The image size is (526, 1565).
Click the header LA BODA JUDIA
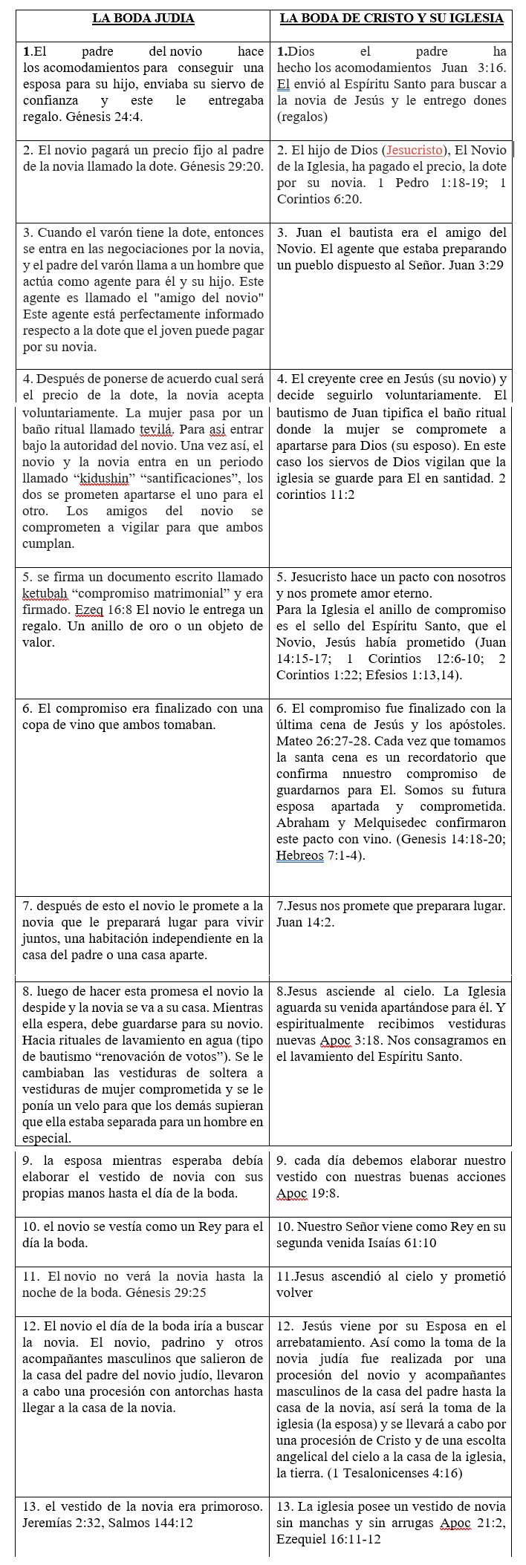(143, 19)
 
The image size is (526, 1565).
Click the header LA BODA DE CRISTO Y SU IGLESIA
(392, 19)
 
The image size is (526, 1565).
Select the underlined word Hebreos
(299, 855)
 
